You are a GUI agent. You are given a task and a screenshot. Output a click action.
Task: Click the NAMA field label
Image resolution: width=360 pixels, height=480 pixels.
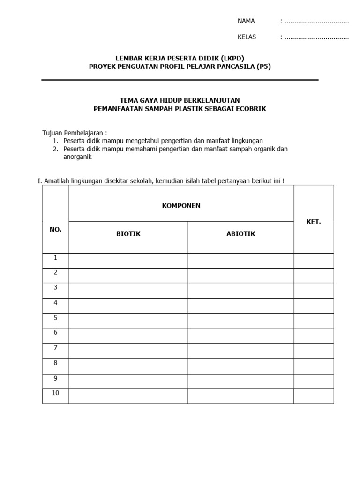pyautogui.click(x=246, y=21)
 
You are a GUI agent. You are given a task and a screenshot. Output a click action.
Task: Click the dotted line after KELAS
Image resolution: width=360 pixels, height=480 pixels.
pyautogui.click(x=317, y=37)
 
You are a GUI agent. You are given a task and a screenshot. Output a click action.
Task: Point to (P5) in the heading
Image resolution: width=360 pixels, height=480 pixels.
pyautogui.click(x=263, y=67)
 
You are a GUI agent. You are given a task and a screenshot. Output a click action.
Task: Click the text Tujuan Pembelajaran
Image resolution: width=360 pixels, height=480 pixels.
pyautogui.click(x=75, y=133)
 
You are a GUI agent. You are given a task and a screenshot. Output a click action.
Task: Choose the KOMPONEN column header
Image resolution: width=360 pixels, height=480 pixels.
pyautogui.click(x=181, y=206)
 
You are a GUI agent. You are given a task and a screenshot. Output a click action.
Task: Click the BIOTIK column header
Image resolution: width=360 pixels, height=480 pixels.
pyautogui.click(x=128, y=234)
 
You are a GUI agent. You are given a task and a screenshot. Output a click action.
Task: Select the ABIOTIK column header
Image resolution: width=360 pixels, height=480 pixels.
pyautogui.click(x=241, y=234)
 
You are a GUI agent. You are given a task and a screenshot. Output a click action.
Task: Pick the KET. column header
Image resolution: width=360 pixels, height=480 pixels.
pyautogui.click(x=314, y=222)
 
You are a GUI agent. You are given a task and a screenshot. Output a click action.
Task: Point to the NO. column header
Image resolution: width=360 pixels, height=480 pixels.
pyautogui.click(x=55, y=230)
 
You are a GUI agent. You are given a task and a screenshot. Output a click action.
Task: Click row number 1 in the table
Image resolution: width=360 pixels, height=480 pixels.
pyautogui.click(x=55, y=258)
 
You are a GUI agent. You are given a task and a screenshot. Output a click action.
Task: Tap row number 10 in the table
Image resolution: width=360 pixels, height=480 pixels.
pyautogui.click(x=55, y=393)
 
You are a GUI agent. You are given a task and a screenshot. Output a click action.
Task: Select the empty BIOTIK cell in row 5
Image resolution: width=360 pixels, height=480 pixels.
pyautogui.click(x=128, y=321)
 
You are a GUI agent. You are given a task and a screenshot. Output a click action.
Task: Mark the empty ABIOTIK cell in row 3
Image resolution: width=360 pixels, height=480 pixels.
pyautogui.click(x=241, y=291)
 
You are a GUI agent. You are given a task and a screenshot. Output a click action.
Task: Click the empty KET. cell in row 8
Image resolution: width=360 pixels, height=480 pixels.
pyautogui.click(x=314, y=366)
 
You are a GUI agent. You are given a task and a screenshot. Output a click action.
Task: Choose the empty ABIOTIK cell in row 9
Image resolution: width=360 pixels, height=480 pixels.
pyautogui.click(x=241, y=381)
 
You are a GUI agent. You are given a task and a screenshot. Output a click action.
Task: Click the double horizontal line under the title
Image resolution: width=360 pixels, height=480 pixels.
pyautogui.click(x=180, y=80)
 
